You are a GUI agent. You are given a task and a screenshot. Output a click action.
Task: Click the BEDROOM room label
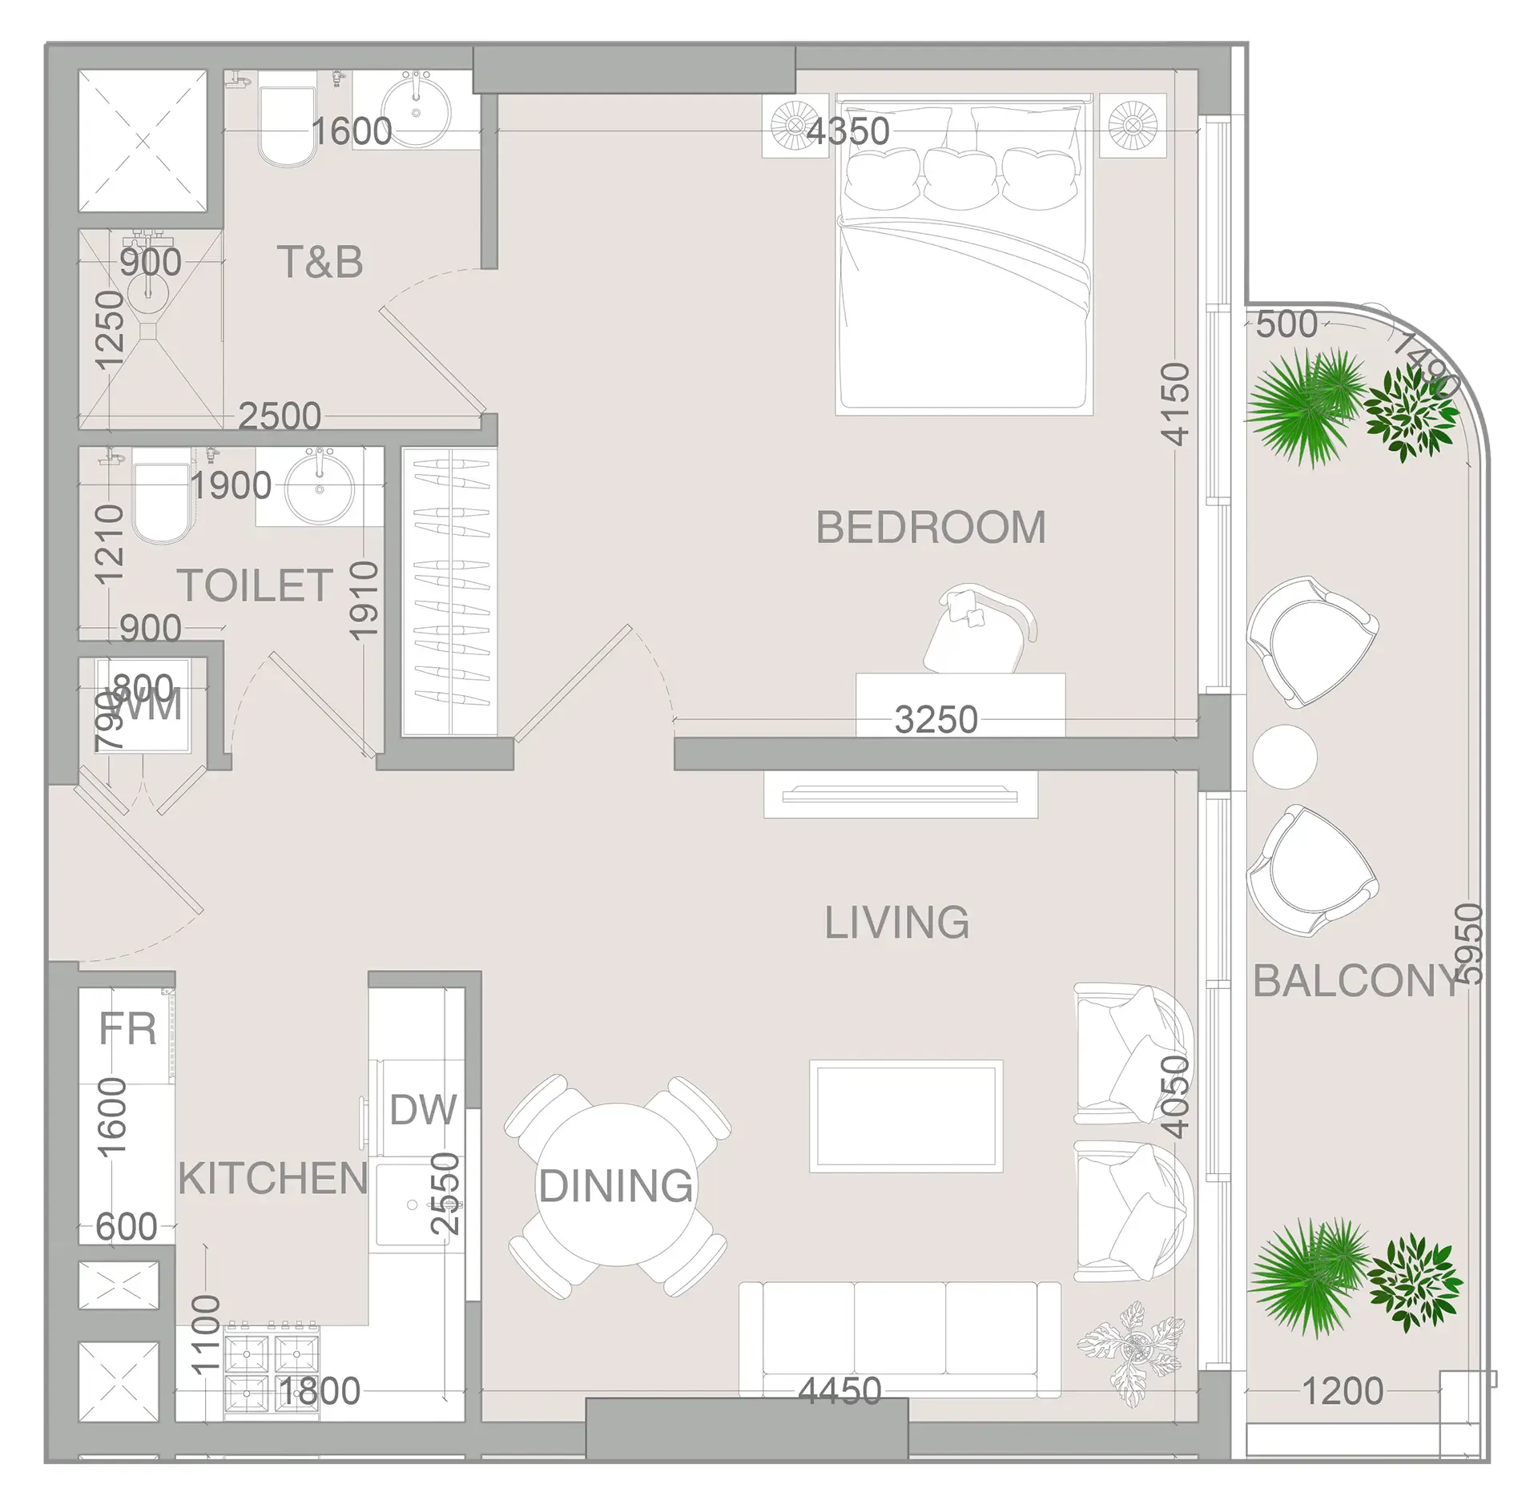coord(931,527)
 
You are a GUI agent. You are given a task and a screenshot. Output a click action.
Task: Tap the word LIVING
coord(896,923)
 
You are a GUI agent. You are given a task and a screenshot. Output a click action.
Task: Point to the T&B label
coord(320,262)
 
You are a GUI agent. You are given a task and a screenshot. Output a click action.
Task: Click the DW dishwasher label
coord(423,1110)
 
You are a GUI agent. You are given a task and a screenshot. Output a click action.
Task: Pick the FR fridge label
coord(127,1029)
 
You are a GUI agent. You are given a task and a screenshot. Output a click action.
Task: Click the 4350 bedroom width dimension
coord(848,131)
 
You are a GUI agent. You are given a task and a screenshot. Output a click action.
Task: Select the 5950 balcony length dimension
coord(1470,943)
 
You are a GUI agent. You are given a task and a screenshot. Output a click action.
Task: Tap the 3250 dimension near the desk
coord(936,720)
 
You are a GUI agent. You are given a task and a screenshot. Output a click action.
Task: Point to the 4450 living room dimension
coord(839,1391)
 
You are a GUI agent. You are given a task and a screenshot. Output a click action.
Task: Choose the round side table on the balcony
coord(1285,757)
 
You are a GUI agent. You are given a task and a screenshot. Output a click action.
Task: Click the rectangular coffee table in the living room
coord(905,1116)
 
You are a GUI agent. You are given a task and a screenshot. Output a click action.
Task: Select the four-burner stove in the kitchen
coord(272,1371)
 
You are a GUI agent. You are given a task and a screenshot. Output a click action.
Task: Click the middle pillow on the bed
coord(960,178)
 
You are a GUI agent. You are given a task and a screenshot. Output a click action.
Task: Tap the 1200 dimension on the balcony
coord(1343,1391)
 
